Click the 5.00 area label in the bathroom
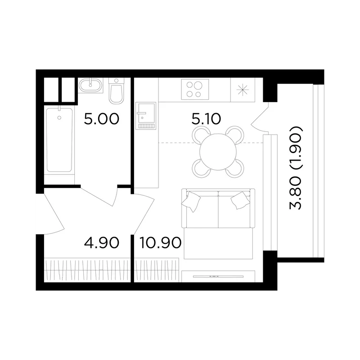(x=102, y=119)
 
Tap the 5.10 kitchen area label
(x=206, y=119)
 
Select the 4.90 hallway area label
(x=102, y=243)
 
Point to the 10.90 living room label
(x=161, y=243)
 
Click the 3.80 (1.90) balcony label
(x=296, y=167)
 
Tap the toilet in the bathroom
(x=117, y=91)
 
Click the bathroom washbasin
(x=90, y=85)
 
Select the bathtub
(x=59, y=140)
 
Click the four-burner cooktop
(x=195, y=90)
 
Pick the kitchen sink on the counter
(x=145, y=116)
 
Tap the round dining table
(x=218, y=152)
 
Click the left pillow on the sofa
(x=191, y=201)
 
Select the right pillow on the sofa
(x=240, y=200)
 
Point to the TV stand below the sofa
(x=218, y=276)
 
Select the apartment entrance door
(x=54, y=213)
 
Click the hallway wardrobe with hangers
(x=87, y=270)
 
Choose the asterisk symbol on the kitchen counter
(x=243, y=90)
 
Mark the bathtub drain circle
(x=59, y=118)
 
